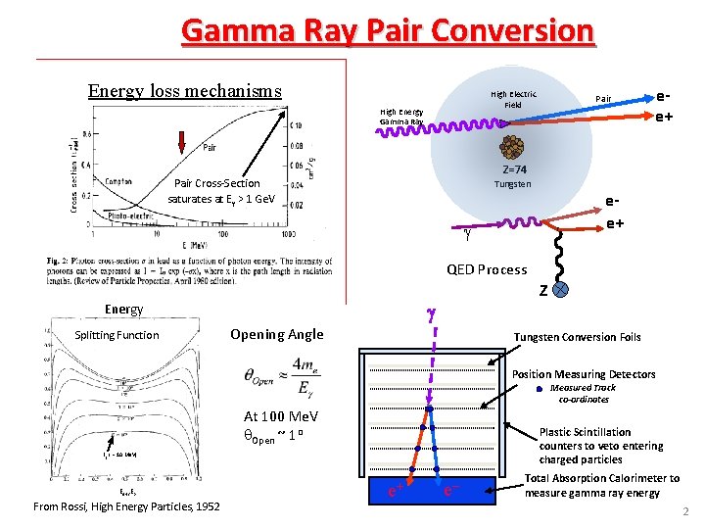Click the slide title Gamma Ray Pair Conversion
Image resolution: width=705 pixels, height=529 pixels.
388,31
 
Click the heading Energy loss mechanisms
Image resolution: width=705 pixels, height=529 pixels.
184,91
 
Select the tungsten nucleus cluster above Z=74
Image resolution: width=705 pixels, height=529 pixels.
511,148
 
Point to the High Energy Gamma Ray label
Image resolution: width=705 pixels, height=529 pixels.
402,117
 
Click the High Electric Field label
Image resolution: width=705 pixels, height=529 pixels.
513,99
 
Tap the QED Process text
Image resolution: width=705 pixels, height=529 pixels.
487,269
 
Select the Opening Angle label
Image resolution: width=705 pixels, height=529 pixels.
276,334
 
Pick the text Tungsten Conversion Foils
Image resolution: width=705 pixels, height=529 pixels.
577,337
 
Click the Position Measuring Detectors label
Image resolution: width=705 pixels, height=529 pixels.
584,374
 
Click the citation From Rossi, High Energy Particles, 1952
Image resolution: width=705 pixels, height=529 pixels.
126,505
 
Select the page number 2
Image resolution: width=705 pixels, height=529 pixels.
685,511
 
